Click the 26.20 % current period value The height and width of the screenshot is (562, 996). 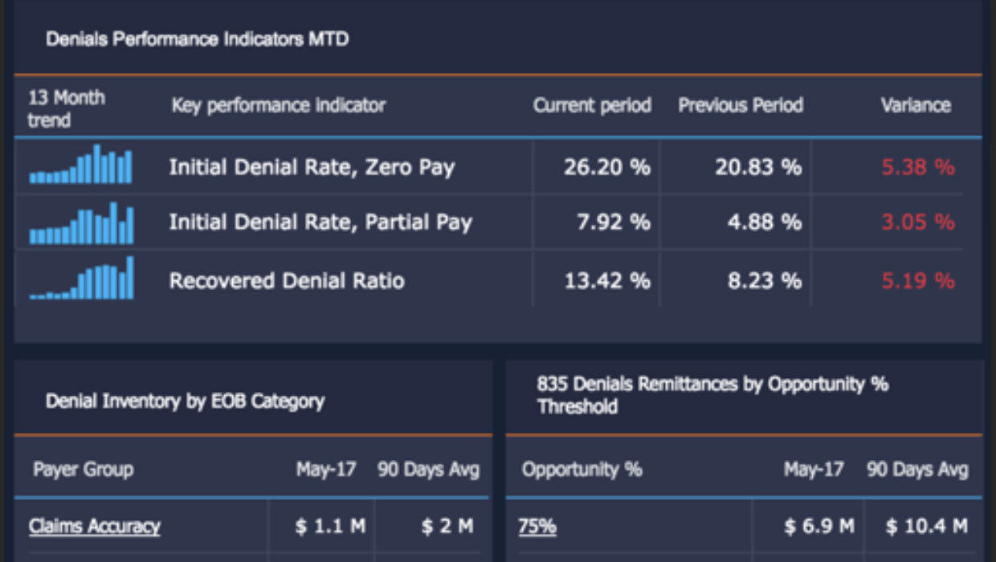pyautogui.click(x=606, y=167)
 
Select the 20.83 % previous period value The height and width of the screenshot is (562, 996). pyautogui.click(x=757, y=167)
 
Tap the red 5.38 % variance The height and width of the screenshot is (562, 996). pyautogui.click(x=918, y=167)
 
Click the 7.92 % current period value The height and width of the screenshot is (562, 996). pyautogui.click(x=613, y=222)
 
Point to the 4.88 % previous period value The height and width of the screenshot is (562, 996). pyautogui.click(x=764, y=222)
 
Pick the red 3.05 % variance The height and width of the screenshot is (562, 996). pyautogui.click(x=918, y=222)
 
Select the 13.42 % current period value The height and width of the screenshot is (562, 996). pyautogui.click(x=606, y=281)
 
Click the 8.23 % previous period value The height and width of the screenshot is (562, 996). pyautogui.click(x=764, y=281)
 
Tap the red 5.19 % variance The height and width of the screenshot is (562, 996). pyautogui.click(x=918, y=281)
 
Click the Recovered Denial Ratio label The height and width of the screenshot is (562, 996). pyautogui.click(x=286, y=281)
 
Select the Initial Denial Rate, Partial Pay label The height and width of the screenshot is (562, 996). pyautogui.click(x=320, y=222)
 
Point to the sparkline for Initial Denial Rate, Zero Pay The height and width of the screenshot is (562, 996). pyautogui.click(x=81, y=165)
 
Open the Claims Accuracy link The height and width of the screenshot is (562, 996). pyautogui.click(x=95, y=527)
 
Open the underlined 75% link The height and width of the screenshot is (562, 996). pyautogui.click(x=537, y=527)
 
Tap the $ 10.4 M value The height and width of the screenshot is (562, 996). pyautogui.click(x=926, y=527)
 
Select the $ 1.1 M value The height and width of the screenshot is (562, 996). pyautogui.click(x=330, y=527)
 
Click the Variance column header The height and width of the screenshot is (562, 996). pyautogui.click(x=915, y=105)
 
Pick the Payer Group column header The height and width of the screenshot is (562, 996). pyautogui.click(x=83, y=469)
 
